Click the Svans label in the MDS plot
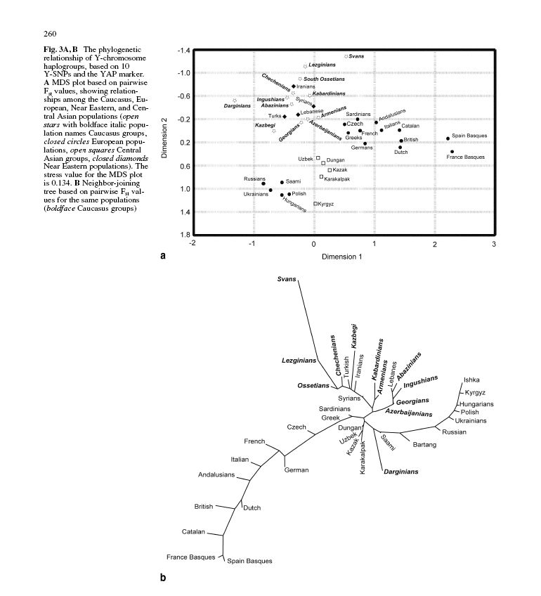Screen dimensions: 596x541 [x=358, y=56]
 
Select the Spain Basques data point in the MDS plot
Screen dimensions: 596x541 [x=448, y=138]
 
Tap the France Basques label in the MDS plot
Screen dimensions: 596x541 [x=465, y=157]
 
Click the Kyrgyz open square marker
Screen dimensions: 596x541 [x=315, y=204]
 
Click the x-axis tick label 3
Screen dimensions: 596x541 [x=495, y=243]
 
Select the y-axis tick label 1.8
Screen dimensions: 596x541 [x=185, y=234]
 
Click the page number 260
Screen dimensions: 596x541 [x=49, y=33]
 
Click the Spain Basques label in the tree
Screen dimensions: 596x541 [x=249, y=561]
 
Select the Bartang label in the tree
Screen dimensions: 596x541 [x=425, y=444]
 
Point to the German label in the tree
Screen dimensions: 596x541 [x=296, y=470]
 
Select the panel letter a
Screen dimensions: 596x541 [x=163, y=257]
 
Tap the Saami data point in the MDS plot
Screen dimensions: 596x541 [x=282, y=182]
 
